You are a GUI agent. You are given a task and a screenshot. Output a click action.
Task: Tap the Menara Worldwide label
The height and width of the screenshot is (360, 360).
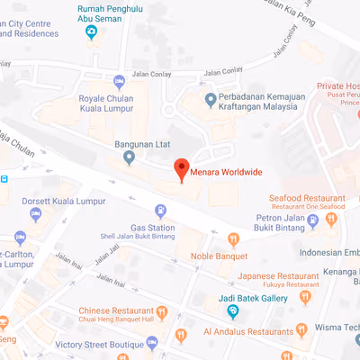point(232,170)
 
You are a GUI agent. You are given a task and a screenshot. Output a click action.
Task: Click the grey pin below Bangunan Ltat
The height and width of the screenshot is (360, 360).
point(129,158)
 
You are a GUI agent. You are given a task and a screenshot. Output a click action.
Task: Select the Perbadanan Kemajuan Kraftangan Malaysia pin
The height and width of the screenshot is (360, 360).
point(211,99)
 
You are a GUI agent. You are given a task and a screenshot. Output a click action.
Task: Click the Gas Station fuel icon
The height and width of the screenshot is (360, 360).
point(161,211)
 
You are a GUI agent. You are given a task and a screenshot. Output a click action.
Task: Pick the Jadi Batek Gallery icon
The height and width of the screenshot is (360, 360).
point(233,311)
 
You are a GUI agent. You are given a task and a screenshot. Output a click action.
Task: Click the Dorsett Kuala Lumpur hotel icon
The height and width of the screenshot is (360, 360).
point(35,213)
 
